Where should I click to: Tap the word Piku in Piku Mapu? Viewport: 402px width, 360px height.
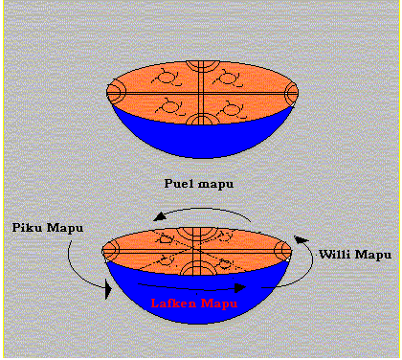pyautogui.click(x=28, y=228)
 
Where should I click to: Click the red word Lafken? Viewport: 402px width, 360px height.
pyautogui.click(x=173, y=303)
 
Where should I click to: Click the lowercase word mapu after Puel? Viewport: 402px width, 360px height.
pyautogui.click(x=216, y=185)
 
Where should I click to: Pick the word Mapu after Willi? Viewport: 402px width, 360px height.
pyautogui.click(x=373, y=255)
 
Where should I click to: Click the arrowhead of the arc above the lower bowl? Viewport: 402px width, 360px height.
pyautogui.click(x=160, y=216)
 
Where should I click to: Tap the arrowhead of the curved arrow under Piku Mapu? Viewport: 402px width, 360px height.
pyautogui.click(x=108, y=289)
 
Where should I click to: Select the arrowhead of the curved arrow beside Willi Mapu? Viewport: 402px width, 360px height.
pyautogui.click(x=301, y=239)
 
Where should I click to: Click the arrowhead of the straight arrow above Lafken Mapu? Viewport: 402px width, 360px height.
pyautogui.click(x=240, y=288)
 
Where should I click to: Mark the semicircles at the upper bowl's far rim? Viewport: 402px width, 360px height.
pyautogui.click(x=203, y=66)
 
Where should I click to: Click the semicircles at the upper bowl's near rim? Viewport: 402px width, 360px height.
pyautogui.click(x=202, y=119)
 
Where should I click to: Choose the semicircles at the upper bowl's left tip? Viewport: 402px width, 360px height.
pyautogui.click(x=114, y=93)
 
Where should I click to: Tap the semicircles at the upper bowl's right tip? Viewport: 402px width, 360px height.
pyautogui.click(x=291, y=93)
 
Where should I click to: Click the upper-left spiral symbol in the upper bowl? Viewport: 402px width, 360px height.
pyautogui.click(x=166, y=78)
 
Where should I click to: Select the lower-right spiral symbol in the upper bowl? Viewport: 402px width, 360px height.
pyautogui.click(x=231, y=109)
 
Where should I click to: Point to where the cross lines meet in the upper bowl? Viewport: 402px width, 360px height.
pyautogui.click(x=201, y=93)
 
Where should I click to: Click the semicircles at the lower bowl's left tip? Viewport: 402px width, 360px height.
pyautogui.click(x=110, y=251)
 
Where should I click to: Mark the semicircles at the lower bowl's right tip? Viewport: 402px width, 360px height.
pyautogui.click(x=283, y=251)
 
